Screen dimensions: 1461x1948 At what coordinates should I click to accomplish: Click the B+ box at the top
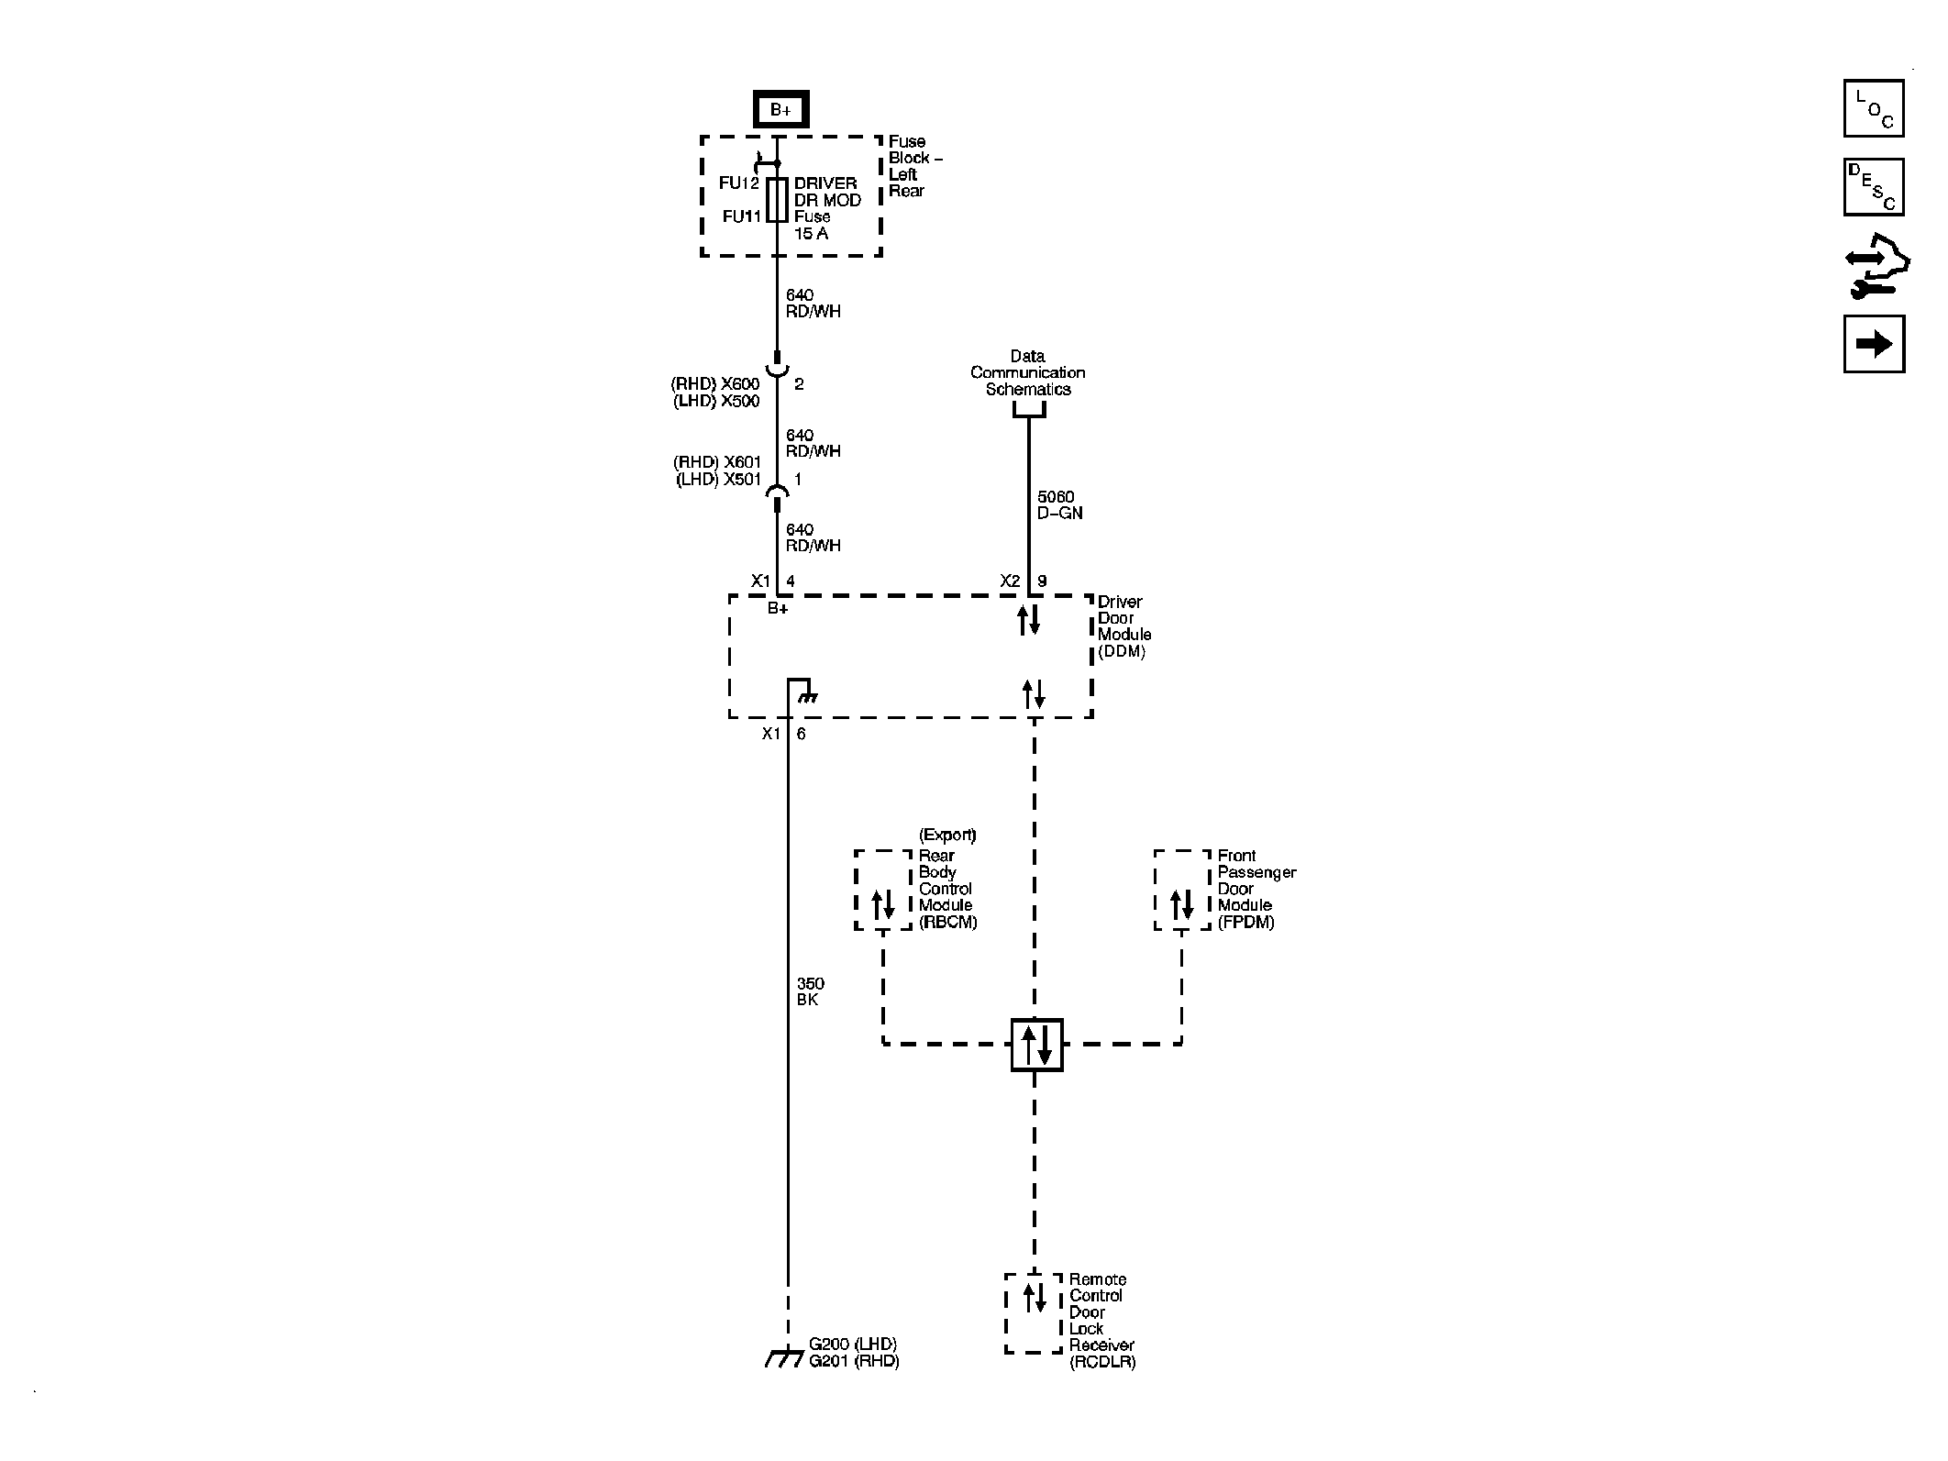pos(780,110)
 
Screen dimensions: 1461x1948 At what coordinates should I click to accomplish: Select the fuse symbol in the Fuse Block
pos(777,200)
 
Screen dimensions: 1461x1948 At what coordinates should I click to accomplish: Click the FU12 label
pos(738,183)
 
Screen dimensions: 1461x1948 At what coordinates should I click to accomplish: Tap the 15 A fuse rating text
pos(811,234)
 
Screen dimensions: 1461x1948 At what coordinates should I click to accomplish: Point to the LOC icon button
pos(1873,108)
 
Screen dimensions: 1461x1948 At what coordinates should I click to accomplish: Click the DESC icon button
pos(1873,187)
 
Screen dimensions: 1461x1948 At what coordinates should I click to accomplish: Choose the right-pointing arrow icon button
pos(1873,344)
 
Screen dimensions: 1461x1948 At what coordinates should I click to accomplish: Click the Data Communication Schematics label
pos(1027,372)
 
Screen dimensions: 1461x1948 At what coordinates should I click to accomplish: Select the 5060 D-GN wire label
pos(1059,505)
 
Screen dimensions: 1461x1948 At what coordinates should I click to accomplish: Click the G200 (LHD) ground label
pos(852,1345)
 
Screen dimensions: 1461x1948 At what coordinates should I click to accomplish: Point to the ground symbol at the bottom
pos(784,1358)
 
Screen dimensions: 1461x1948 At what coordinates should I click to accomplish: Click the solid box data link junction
pos(1035,1045)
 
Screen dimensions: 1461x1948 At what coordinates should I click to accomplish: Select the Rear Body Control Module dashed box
pos(882,890)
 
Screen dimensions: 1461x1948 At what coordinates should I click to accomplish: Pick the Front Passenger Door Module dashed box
pos(1181,890)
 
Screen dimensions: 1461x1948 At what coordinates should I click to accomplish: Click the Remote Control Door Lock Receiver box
pos(1034,1312)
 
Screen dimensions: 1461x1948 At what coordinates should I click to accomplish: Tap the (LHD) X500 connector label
pos(716,401)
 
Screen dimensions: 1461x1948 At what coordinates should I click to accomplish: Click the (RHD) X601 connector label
pos(717,462)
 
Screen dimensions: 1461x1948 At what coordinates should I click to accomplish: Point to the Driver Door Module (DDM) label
pos(1123,626)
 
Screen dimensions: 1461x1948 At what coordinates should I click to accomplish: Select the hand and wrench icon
pos(1876,267)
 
